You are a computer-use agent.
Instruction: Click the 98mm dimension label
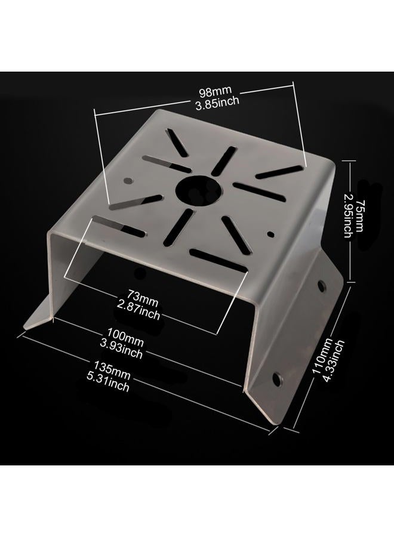pyautogui.click(x=216, y=91)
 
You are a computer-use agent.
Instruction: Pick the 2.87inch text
pyautogui.click(x=138, y=310)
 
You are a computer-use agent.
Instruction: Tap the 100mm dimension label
pyautogui.click(x=125, y=337)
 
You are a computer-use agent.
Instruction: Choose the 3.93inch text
pyautogui.click(x=121, y=348)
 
